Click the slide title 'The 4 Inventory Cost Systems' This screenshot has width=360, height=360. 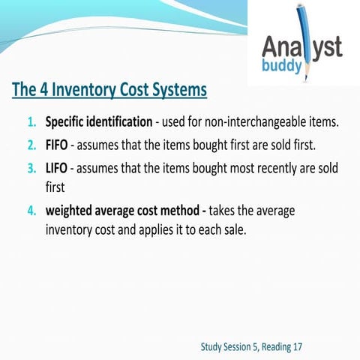tap(109, 90)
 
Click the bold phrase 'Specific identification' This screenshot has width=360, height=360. tap(98, 121)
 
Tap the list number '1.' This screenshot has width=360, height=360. tap(32, 121)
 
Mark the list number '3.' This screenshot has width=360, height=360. tap(32, 167)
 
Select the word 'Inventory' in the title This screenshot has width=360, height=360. tap(93, 90)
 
